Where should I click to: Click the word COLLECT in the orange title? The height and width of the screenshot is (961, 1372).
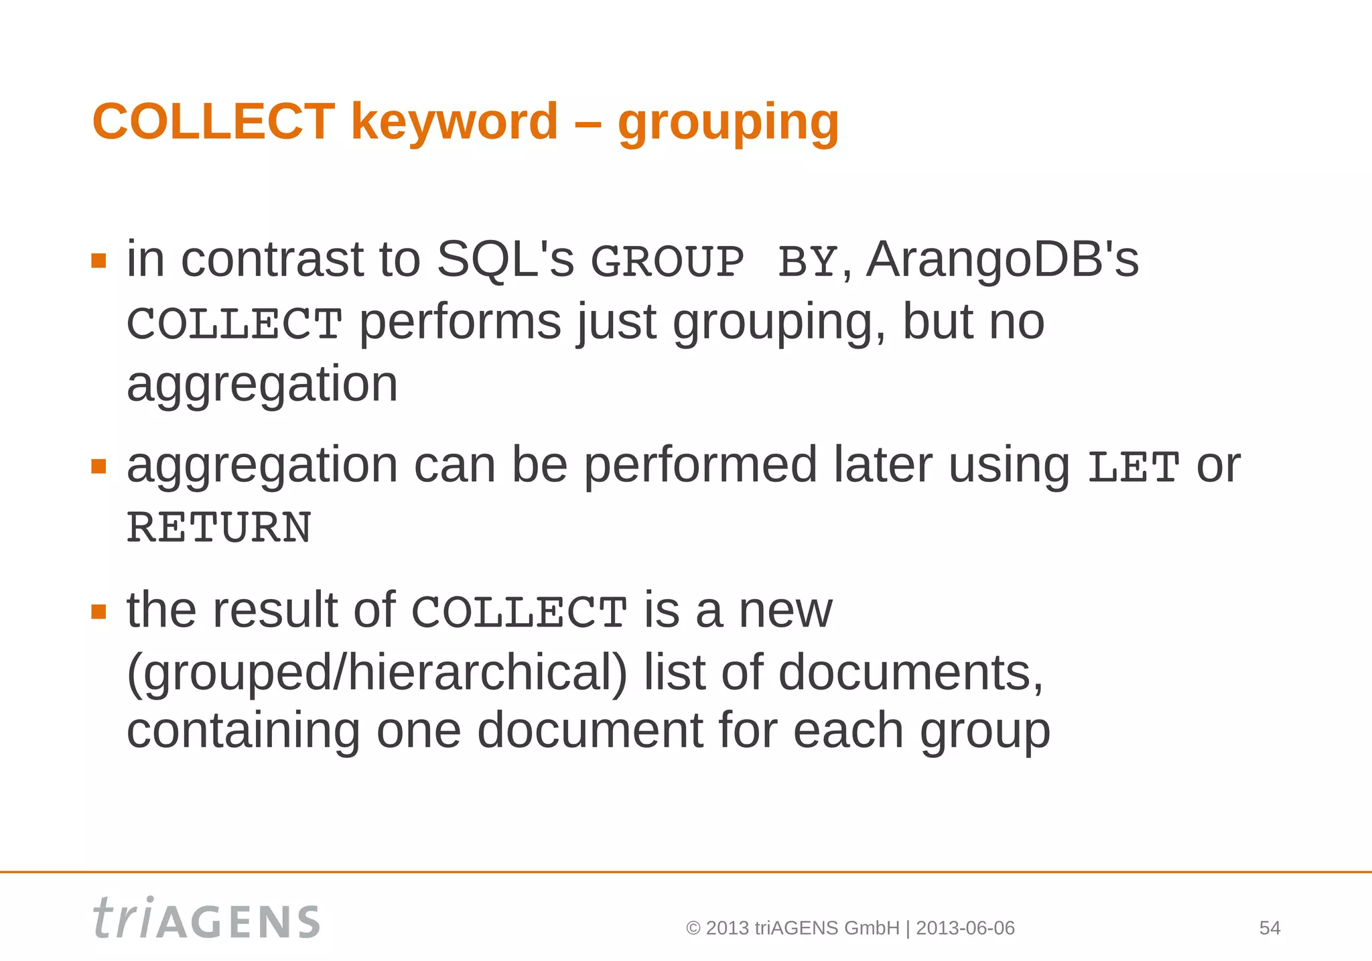click(x=213, y=122)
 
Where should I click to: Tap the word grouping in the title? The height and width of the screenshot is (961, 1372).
click(x=728, y=123)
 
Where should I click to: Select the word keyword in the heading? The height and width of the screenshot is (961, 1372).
click(x=454, y=122)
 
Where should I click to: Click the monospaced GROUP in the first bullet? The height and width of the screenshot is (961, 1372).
click(x=667, y=261)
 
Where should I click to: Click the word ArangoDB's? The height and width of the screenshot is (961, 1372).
click(x=1002, y=260)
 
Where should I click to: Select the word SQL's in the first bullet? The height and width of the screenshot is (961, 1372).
click(x=505, y=260)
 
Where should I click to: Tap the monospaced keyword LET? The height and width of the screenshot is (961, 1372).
click(x=1133, y=467)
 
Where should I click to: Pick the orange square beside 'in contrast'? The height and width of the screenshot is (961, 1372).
click(x=99, y=261)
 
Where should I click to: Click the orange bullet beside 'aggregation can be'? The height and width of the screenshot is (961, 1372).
click(x=99, y=466)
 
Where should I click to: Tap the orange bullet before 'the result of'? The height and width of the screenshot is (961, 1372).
click(x=99, y=611)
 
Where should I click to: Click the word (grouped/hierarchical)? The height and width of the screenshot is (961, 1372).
click(x=377, y=673)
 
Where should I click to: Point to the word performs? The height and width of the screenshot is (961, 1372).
click(x=460, y=322)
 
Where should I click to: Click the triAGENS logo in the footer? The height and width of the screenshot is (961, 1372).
click(x=206, y=919)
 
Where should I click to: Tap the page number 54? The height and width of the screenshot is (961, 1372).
click(x=1270, y=928)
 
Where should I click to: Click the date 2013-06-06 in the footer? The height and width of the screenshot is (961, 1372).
click(x=965, y=928)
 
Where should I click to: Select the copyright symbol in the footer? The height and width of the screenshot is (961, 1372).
click(x=693, y=929)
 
